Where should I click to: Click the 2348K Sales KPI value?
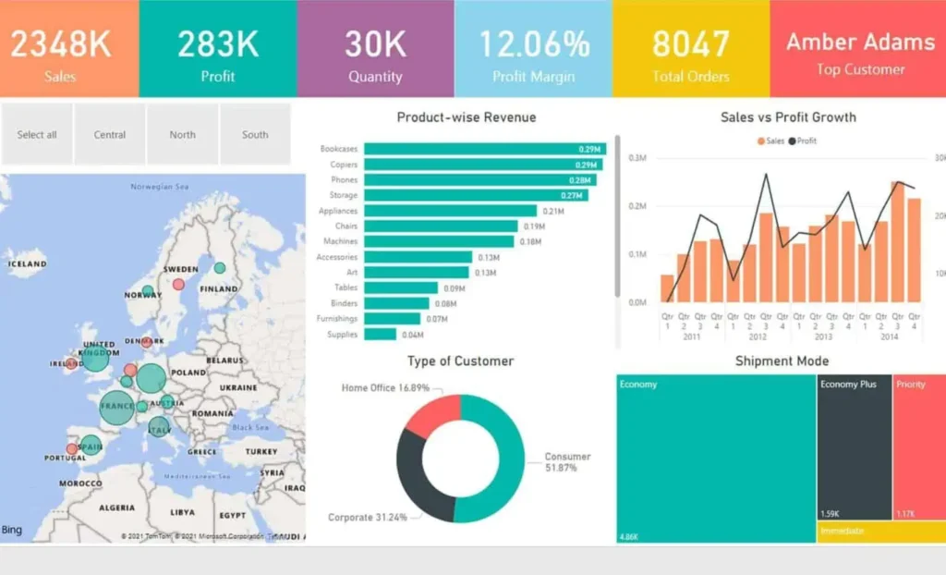coord(60,43)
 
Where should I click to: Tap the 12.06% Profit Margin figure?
coord(533,43)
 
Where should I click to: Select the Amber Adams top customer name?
coord(860,42)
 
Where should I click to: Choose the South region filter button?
coord(255,135)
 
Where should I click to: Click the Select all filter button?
coord(37,135)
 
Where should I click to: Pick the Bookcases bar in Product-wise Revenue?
coord(485,149)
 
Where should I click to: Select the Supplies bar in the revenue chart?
coord(380,335)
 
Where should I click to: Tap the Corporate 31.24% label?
coord(368,518)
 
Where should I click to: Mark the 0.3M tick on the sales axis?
coord(637,158)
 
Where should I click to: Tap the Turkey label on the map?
coord(261,452)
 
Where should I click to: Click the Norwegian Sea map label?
coord(159,188)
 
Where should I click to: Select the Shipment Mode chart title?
coord(782,361)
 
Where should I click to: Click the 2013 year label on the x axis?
coord(823,337)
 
